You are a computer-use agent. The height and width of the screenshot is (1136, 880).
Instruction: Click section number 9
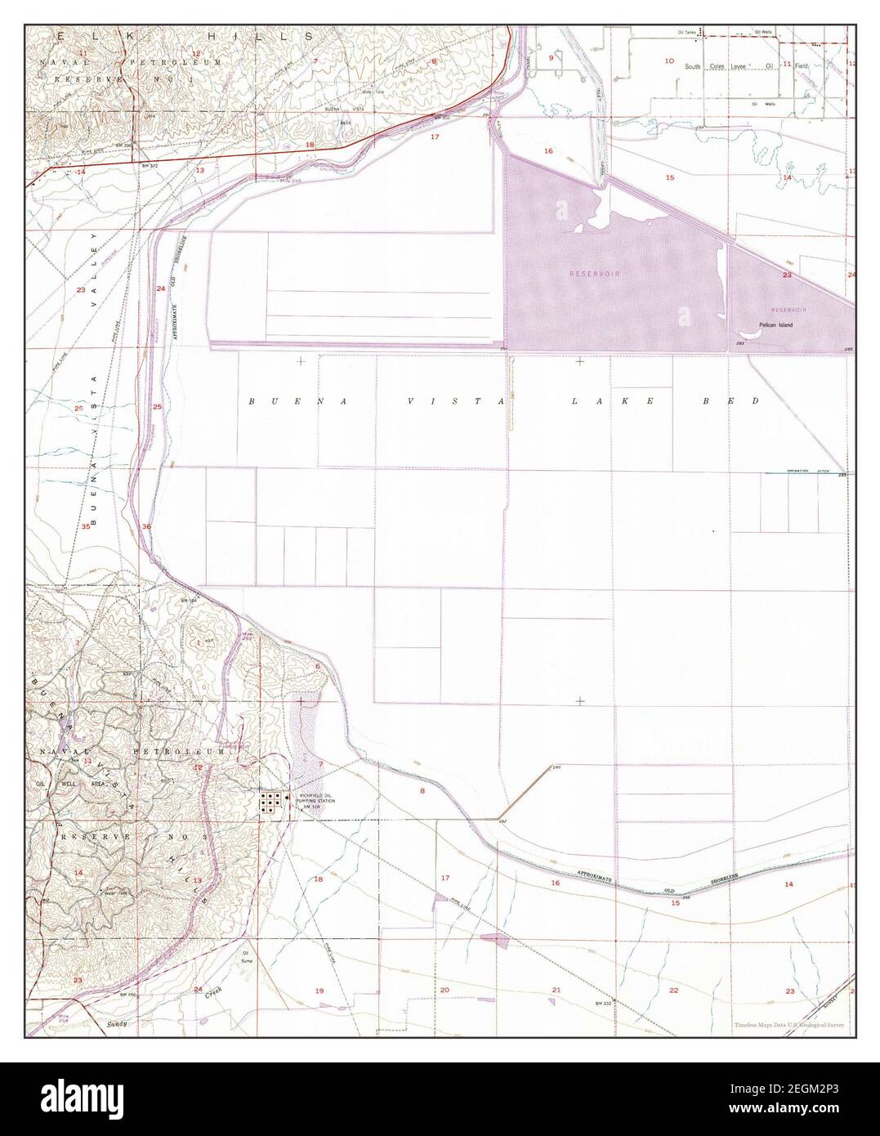(551, 58)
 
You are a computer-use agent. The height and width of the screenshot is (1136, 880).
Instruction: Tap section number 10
(669, 61)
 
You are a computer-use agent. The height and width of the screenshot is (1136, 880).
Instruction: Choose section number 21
(556, 990)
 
